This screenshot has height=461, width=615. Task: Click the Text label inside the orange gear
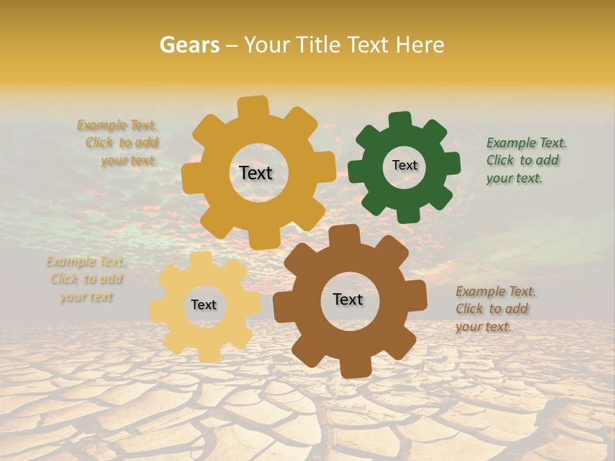click(x=256, y=173)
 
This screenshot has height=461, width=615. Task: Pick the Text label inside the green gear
click(x=404, y=165)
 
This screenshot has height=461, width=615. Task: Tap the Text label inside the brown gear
click(x=348, y=299)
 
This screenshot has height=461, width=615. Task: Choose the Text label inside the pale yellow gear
click(x=204, y=305)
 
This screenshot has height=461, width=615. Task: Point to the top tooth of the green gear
click(x=400, y=120)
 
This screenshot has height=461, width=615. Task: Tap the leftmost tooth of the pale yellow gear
click(x=157, y=310)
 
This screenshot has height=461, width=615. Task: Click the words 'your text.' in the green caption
click(x=514, y=179)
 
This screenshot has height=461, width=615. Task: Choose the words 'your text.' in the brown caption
click(x=484, y=327)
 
